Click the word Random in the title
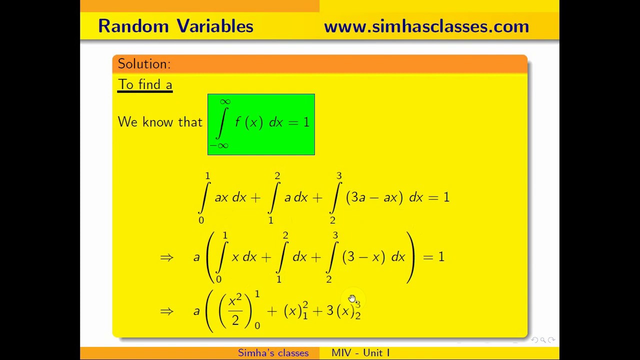(x=133, y=26)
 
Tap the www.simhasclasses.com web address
(x=426, y=26)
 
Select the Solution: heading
(x=144, y=64)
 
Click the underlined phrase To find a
(x=145, y=84)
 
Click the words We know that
(x=160, y=122)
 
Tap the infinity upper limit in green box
(x=225, y=101)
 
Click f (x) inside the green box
(x=248, y=122)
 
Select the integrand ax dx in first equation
(x=230, y=197)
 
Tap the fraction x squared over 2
(x=235, y=310)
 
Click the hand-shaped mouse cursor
(x=352, y=299)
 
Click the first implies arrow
(x=166, y=257)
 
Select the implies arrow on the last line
(x=166, y=311)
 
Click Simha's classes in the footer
(x=273, y=353)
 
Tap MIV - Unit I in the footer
(x=360, y=353)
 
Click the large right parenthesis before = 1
(x=410, y=257)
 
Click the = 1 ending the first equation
(x=439, y=197)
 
